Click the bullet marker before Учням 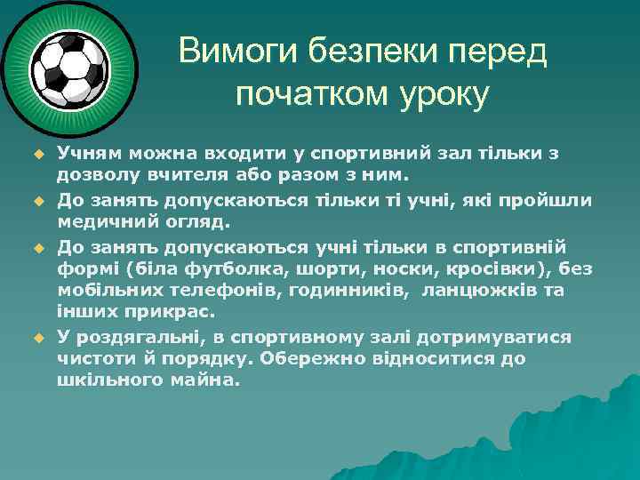[x=38, y=154]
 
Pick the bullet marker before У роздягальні [x=38, y=338]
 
